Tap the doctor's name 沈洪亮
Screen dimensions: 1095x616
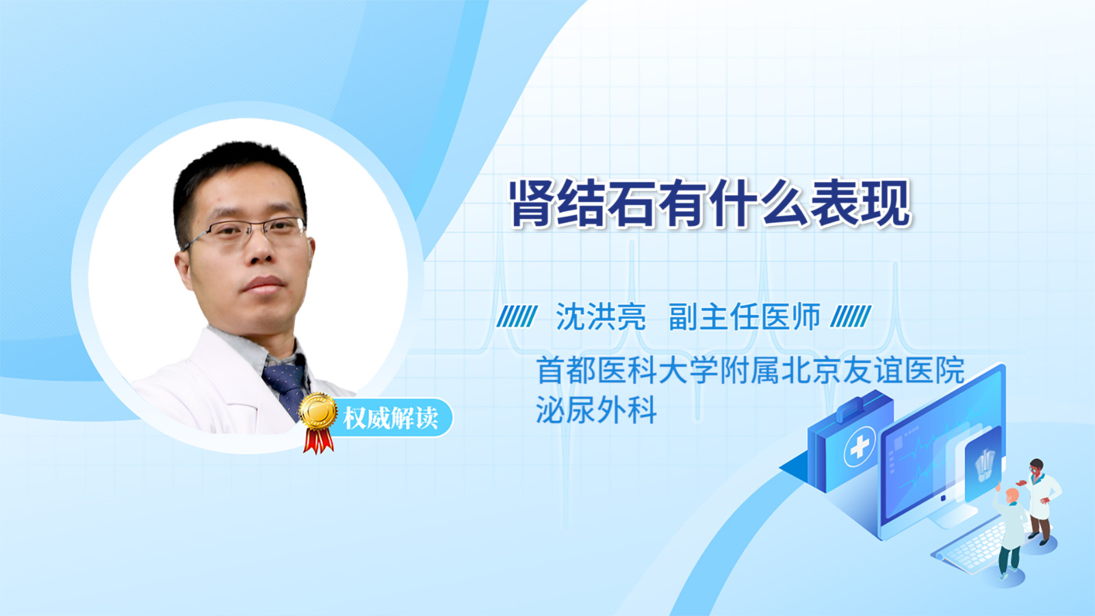(x=601, y=317)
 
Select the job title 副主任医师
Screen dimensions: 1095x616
(x=745, y=317)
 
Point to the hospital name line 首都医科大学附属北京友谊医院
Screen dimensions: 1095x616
(x=750, y=370)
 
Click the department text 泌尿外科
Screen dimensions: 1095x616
(x=596, y=410)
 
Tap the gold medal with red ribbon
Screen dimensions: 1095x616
(x=318, y=422)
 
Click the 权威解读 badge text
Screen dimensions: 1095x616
(x=391, y=418)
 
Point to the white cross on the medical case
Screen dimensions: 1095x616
(x=860, y=446)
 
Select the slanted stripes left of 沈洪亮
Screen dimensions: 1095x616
(x=517, y=316)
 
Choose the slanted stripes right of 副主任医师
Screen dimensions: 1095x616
(x=851, y=316)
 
